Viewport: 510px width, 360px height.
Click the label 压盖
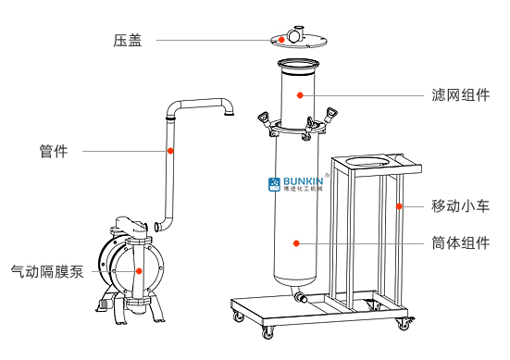(128, 41)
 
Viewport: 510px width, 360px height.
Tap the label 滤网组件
(461, 95)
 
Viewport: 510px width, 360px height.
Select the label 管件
(54, 151)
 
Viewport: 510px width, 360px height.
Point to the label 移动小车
(461, 205)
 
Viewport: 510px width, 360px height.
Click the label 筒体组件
(461, 242)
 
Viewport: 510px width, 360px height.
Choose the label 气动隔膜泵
(47, 271)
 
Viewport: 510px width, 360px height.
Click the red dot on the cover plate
(281, 40)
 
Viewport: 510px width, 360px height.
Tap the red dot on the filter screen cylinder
(300, 95)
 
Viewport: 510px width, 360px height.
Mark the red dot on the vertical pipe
(170, 151)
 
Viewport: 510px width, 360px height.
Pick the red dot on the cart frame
(399, 206)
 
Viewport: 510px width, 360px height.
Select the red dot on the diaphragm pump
(139, 271)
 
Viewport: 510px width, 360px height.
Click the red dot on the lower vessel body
(296, 242)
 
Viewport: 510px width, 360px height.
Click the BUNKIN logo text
(304, 181)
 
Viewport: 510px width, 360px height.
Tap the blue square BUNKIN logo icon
(274, 184)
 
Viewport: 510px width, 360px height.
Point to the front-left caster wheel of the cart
(268, 332)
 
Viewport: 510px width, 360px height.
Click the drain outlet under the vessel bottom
(300, 295)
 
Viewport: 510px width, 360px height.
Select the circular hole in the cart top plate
(367, 161)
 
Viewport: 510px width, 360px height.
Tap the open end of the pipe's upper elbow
(230, 114)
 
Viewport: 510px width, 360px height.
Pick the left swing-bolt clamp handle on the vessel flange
(263, 118)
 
